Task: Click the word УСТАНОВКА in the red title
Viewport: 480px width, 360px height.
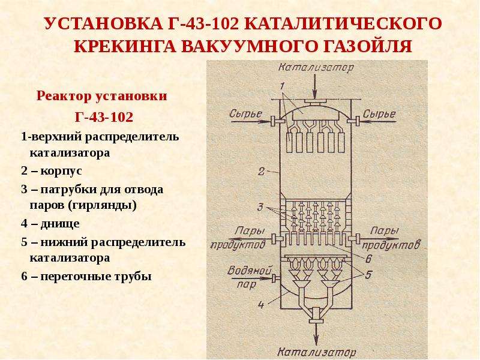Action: tap(103, 23)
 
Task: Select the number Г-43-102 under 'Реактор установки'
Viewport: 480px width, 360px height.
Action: tap(104, 117)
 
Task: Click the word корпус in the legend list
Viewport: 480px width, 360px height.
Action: tap(61, 171)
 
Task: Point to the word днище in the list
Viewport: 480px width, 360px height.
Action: tap(60, 224)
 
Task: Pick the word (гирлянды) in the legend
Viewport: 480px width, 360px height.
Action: tap(102, 205)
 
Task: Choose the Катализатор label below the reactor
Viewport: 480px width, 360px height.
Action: tap(317, 352)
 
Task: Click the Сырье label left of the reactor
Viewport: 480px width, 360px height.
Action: tap(245, 113)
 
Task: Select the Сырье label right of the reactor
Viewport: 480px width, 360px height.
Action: tap(379, 114)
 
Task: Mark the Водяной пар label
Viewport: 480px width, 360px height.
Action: tap(249, 278)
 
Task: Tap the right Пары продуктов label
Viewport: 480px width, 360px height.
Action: tap(391, 238)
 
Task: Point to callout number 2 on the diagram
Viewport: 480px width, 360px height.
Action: tap(261, 171)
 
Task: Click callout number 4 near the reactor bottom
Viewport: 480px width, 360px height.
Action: tap(261, 305)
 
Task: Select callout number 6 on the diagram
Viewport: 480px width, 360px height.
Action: tap(368, 259)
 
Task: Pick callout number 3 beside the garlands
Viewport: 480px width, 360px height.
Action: tap(260, 207)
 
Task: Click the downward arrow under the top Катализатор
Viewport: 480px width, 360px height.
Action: tap(315, 86)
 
